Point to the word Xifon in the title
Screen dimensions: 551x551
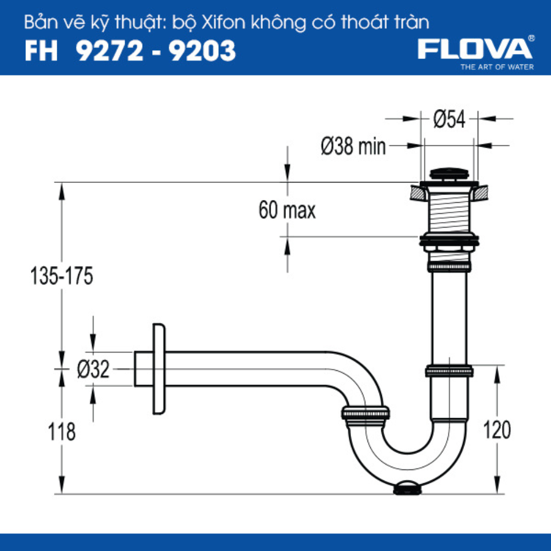pyautogui.click(x=228, y=23)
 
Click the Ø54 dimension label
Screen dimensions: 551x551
pyautogui.click(x=449, y=118)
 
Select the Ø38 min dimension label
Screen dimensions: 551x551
pyautogui.click(x=353, y=147)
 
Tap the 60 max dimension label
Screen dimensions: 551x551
pyautogui.click(x=287, y=210)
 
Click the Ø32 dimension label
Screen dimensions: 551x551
pyautogui.click(x=93, y=369)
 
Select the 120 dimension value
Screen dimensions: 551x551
pyautogui.click(x=497, y=430)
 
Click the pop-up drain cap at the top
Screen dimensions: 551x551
pyautogui.click(x=449, y=175)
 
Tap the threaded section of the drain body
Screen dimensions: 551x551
pyautogui.click(x=449, y=212)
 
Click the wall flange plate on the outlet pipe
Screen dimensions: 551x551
pyautogui.click(x=159, y=369)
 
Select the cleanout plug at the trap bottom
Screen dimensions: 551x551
pyautogui.click(x=408, y=488)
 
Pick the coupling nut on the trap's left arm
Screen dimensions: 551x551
pyautogui.click(x=365, y=414)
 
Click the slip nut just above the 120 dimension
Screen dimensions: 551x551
pyautogui.click(x=449, y=370)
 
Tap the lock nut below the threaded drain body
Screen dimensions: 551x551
pyautogui.click(x=449, y=240)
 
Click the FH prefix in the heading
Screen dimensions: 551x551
pyautogui.click(x=42, y=51)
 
